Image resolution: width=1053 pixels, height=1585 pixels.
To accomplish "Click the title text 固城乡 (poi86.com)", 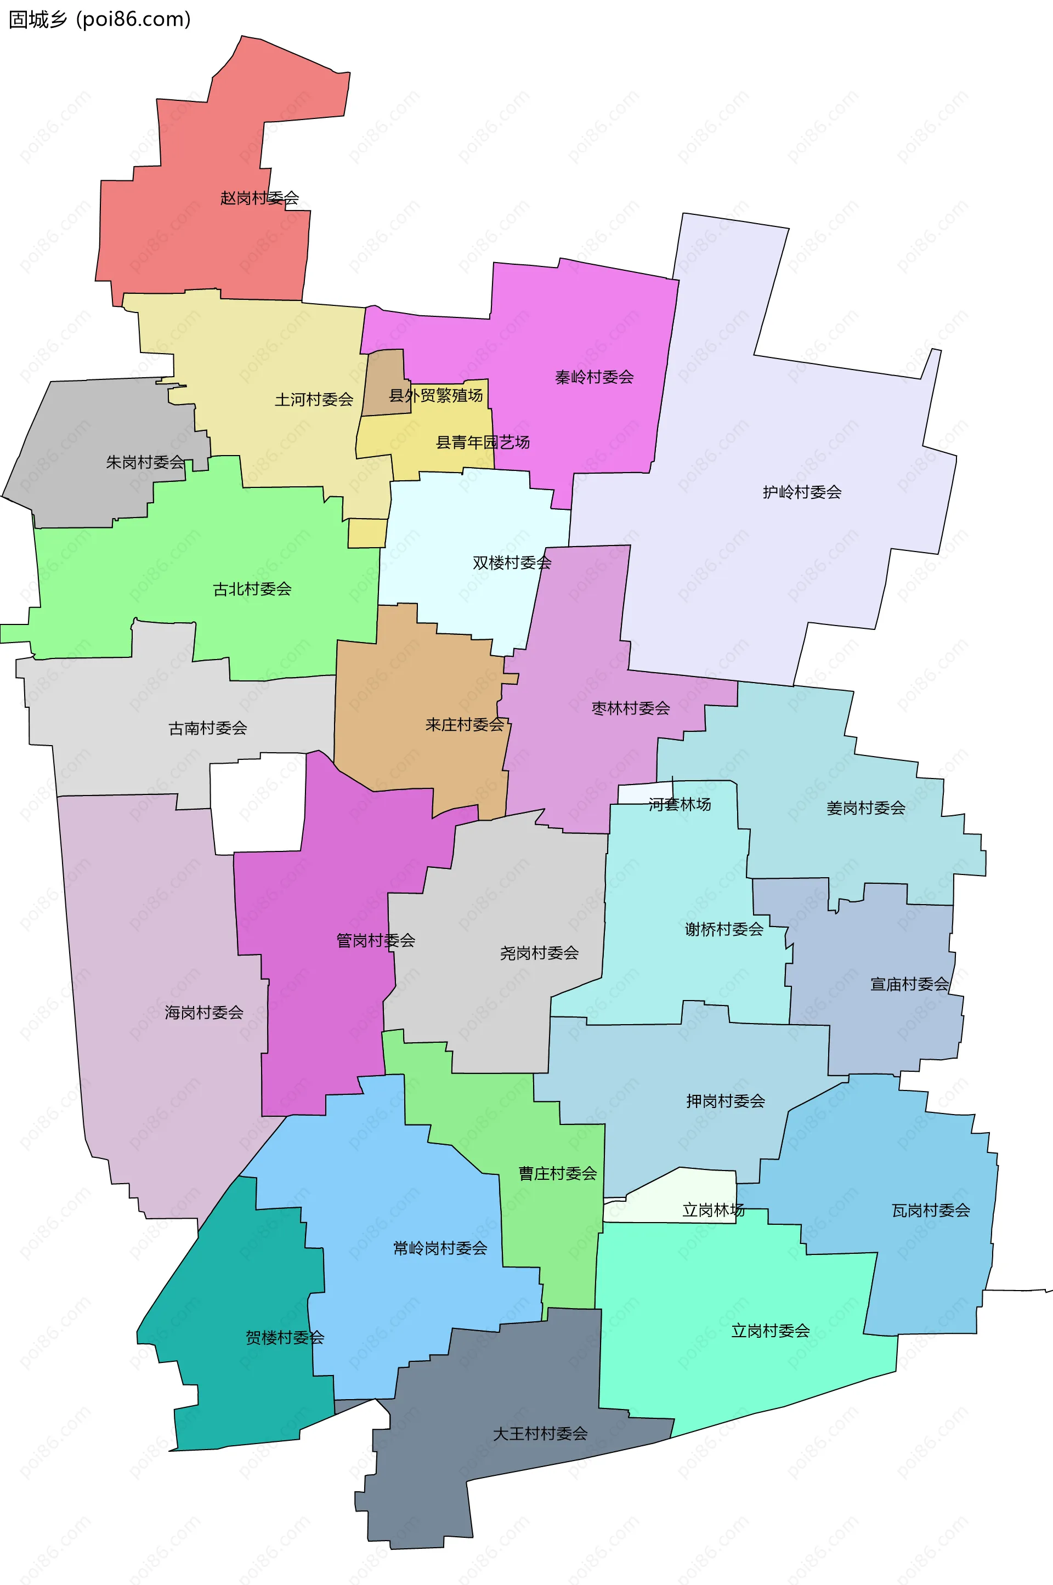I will coord(99,20).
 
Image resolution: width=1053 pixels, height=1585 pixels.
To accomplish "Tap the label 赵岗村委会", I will coord(259,198).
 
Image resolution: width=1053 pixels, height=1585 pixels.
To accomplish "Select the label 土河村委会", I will coord(314,400).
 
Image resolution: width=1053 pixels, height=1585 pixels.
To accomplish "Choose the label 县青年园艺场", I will coord(483,442).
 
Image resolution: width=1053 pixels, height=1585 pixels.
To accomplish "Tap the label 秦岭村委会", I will coord(595,377).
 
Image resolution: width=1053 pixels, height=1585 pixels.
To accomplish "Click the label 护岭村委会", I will coord(802,492).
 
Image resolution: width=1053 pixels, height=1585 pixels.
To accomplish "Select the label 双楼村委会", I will coord(512,563).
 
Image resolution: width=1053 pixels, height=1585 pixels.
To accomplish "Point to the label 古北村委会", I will coord(252,589).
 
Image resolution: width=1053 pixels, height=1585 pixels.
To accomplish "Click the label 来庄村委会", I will coord(465,725).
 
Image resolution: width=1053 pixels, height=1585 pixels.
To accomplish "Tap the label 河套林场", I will coord(680,804).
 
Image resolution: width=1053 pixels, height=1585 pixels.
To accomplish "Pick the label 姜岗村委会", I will coord(865,808).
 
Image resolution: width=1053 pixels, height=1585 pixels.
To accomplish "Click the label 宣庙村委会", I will coord(909,984).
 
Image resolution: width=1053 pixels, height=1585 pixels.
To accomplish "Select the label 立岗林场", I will coord(713,1210).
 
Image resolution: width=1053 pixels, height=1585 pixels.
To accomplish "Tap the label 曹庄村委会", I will coord(557,1173).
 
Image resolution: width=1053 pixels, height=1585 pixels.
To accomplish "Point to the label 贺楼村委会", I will coord(285,1337).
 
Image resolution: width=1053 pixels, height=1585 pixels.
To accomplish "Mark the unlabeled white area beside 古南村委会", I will coord(258,802).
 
